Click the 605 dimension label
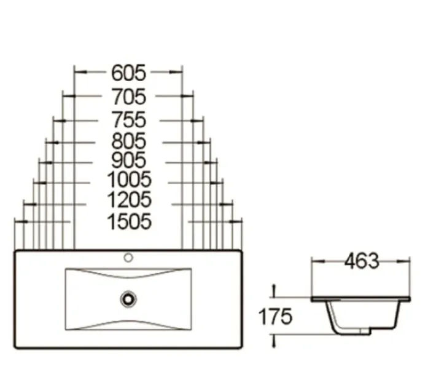click(x=128, y=73)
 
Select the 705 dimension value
click(x=129, y=97)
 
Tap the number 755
click(x=129, y=120)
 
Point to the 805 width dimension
click(x=129, y=141)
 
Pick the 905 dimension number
click(x=129, y=160)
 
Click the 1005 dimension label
click(x=129, y=180)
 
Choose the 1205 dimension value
click(x=129, y=200)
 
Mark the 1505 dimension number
click(x=129, y=221)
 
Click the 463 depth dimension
click(x=362, y=261)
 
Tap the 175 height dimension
click(x=275, y=317)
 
